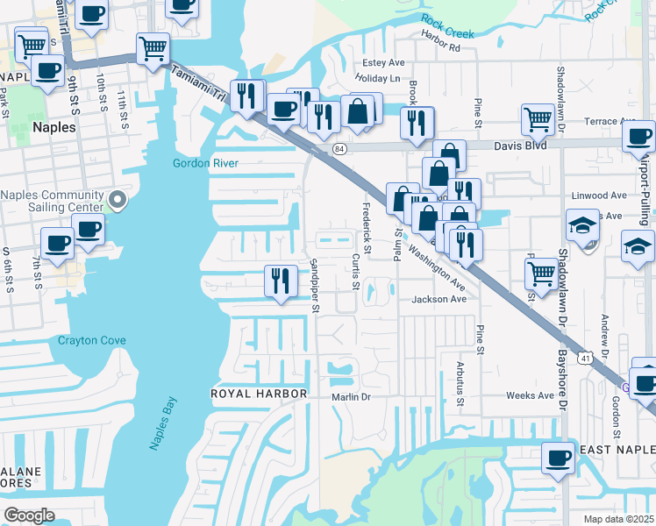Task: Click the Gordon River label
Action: coord(206,163)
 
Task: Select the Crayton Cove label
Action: coord(92,340)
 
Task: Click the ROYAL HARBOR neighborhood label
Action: coord(259,394)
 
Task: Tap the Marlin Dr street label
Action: coord(354,395)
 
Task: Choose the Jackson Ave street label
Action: coord(439,299)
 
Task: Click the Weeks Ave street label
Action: coord(530,395)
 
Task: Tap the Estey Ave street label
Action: coord(384,63)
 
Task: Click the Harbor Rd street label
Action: coord(440,46)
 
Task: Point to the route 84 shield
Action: coord(339,149)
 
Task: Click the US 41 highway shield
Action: coord(584,357)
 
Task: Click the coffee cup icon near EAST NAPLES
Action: coord(558,457)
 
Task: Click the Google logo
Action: coord(29,515)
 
